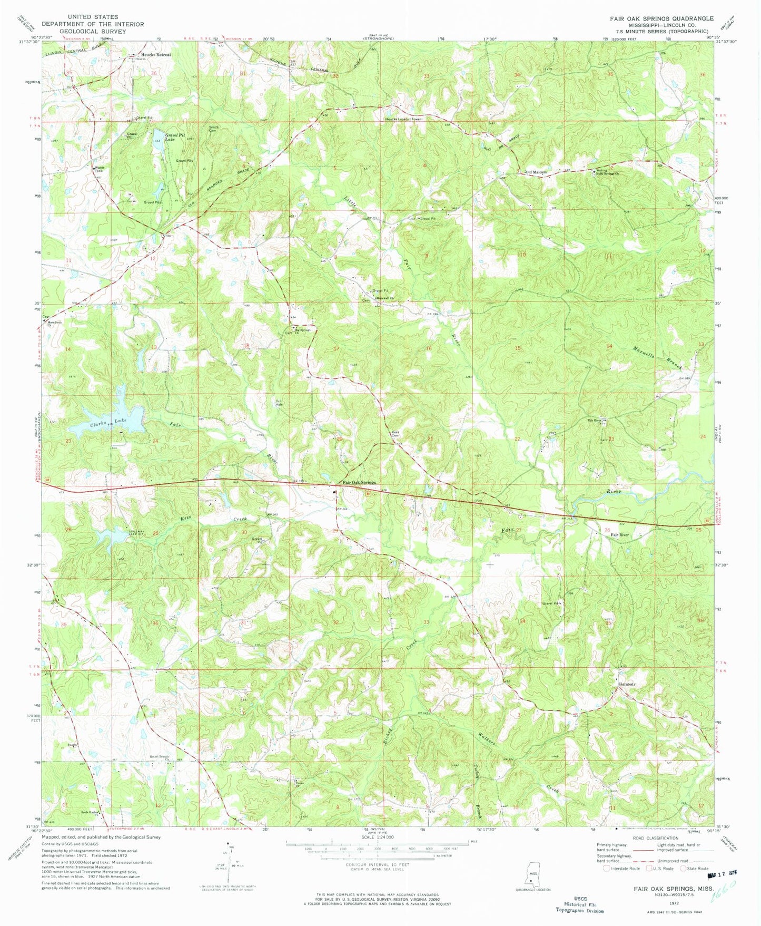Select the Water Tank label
98,170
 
